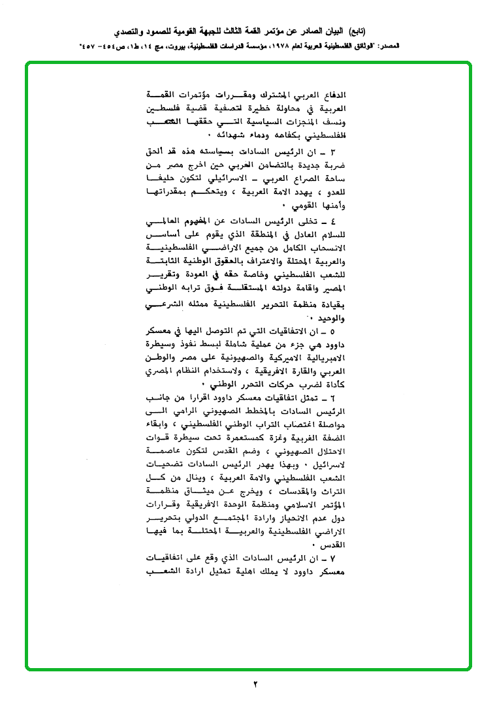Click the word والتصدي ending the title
pyautogui.click(x=132, y=31)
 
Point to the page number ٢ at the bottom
pyautogui.click(x=255, y=684)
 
